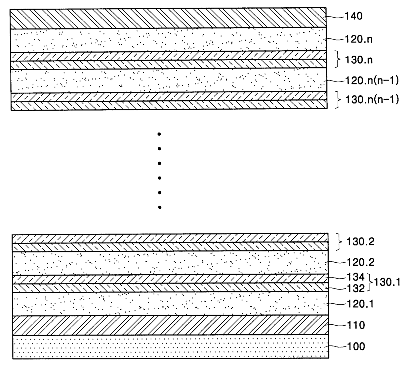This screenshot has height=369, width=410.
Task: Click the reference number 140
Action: coord(353,16)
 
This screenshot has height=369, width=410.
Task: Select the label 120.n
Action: coord(359,39)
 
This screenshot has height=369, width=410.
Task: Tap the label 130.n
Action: coord(359,60)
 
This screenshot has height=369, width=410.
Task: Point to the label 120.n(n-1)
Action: coord(372,81)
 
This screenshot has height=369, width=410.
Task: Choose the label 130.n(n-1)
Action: coord(372,100)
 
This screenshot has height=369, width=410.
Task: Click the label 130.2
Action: coord(360,241)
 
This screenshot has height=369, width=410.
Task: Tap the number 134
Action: coord(355,277)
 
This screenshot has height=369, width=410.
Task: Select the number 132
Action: coord(356,288)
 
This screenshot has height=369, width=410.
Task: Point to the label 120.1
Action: coord(360,304)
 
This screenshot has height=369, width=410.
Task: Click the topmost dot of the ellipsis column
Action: coord(159,134)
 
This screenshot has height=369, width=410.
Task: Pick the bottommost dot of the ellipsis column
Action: coord(160,207)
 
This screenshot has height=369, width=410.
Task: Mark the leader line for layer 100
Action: coord(336,347)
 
